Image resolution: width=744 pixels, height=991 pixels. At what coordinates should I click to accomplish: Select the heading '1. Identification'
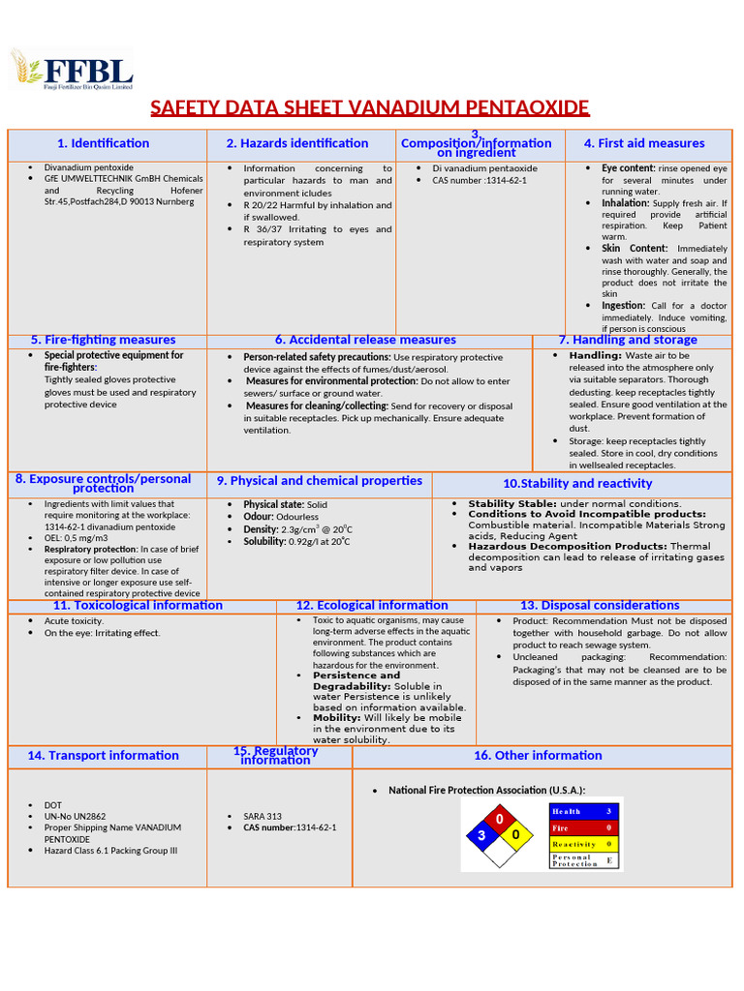pos(104,143)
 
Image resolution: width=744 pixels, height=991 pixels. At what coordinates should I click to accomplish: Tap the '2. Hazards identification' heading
pos(297,143)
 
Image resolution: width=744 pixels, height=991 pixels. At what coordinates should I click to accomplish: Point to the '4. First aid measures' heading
pos(644,143)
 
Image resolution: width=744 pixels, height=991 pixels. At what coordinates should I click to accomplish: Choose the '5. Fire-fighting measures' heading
pos(104,340)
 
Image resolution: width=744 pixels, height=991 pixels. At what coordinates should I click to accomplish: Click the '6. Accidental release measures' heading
pos(365,340)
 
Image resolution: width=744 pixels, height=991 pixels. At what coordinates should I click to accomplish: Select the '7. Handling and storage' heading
pos(628,340)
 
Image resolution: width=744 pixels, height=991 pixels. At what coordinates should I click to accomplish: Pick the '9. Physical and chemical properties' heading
pos(320,481)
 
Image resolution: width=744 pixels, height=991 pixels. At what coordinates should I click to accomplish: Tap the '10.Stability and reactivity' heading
pos(577,483)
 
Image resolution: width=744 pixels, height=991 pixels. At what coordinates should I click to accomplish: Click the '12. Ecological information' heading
pos(372,605)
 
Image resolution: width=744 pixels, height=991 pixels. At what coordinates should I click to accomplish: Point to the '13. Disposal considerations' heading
pos(600,605)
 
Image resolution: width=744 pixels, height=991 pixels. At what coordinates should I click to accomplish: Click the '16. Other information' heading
pos(538,756)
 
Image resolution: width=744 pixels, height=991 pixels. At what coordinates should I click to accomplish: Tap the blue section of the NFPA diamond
pos(481,834)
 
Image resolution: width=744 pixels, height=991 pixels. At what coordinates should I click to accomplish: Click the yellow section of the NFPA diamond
pos(517,834)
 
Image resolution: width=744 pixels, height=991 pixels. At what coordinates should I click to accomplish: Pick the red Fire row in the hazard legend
pos(582,827)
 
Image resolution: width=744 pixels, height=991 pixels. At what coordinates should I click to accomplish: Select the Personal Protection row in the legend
pos(582,859)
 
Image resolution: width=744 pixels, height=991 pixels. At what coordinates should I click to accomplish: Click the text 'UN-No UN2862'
pos(74,817)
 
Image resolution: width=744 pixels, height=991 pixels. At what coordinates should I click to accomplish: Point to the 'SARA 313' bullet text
pos(263,816)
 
